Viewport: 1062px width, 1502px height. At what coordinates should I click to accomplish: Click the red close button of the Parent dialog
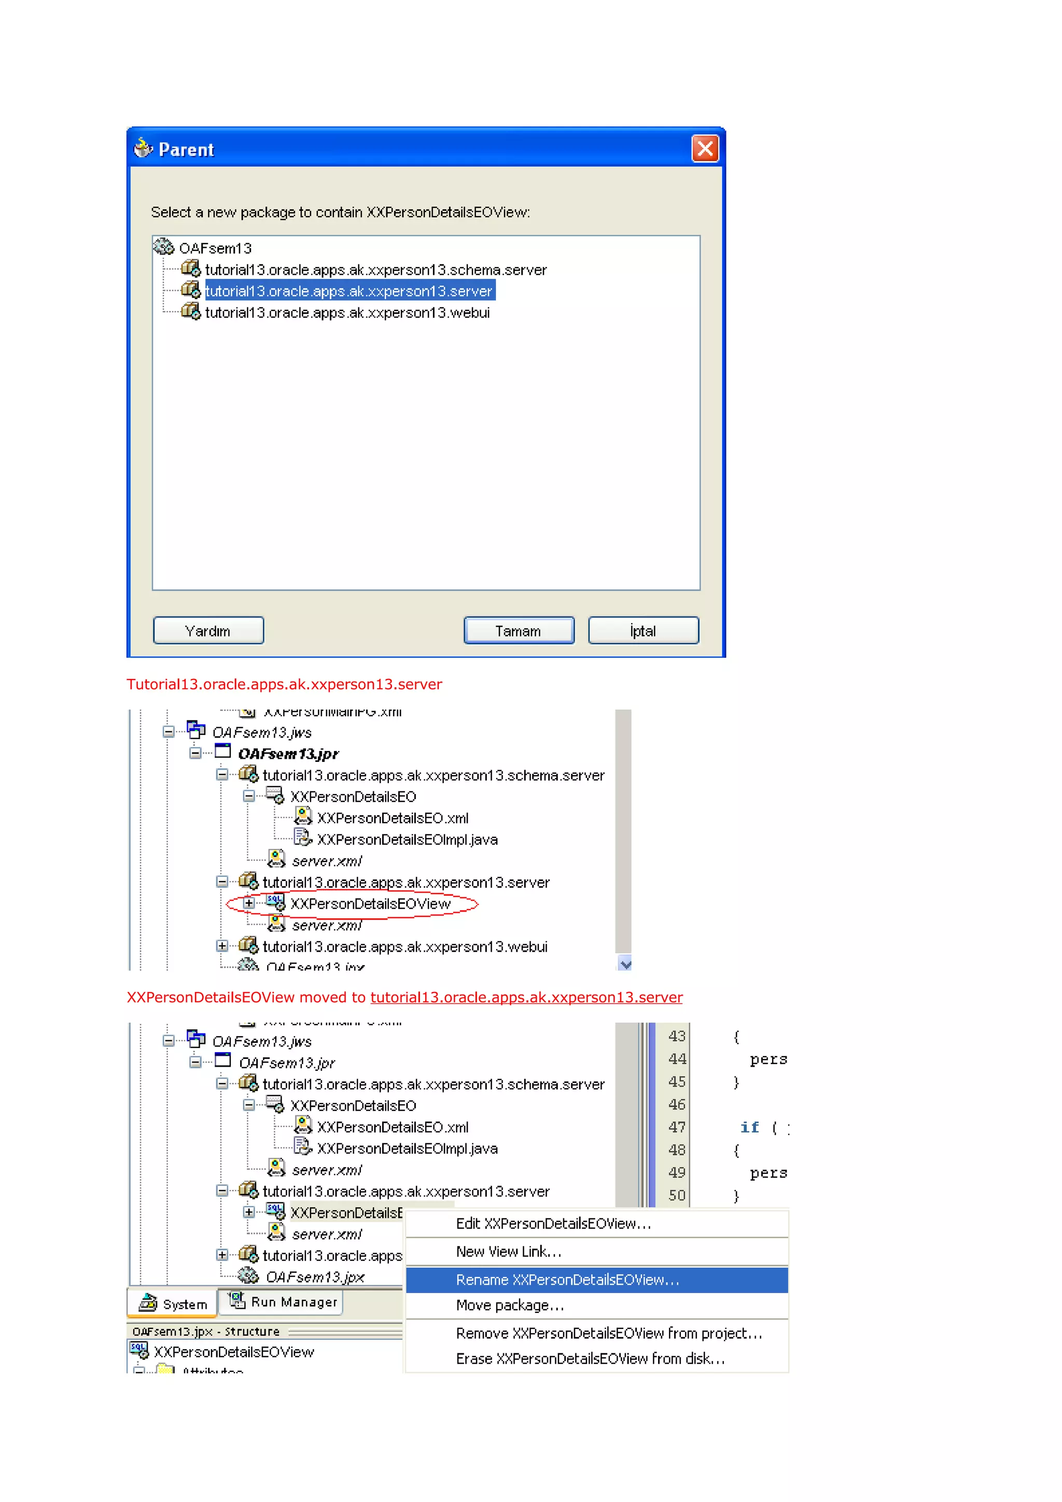pyautogui.click(x=705, y=149)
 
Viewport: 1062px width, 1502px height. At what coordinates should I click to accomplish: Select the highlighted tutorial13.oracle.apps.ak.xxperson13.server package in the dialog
pyautogui.click(x=349, y=291)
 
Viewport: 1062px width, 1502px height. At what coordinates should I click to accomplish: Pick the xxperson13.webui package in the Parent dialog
pyautogui.click(x=347, y=313)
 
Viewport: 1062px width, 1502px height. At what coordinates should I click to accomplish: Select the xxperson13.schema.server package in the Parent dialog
pyautogui.click(x=375, y=270)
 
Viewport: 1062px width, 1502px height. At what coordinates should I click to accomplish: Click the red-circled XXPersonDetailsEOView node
pyautogui.click(x=370, y=903)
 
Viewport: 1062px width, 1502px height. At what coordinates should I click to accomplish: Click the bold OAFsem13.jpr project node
pyautogui.click(x=288, y=754)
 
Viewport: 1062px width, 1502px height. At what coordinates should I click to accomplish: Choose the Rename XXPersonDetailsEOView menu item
pyautogui.click(x=567, y=1280)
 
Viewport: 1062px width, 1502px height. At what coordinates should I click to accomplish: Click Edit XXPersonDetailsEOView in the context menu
pyautogui.click(x=553, y=1223)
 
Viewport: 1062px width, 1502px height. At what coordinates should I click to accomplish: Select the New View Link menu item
pyautogui.click(x=508, y=1252)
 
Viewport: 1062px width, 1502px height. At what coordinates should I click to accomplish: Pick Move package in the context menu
pyautogui.click(x=510, y=1305)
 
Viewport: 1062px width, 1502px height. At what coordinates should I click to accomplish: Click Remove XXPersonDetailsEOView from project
pyautogui.click(x=609, y=1333)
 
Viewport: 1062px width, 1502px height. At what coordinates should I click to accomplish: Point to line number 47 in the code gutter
pyautogui.click(x=677, y=1127)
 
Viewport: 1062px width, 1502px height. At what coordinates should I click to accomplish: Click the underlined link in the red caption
pyautogui.click(x=526, y=997)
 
